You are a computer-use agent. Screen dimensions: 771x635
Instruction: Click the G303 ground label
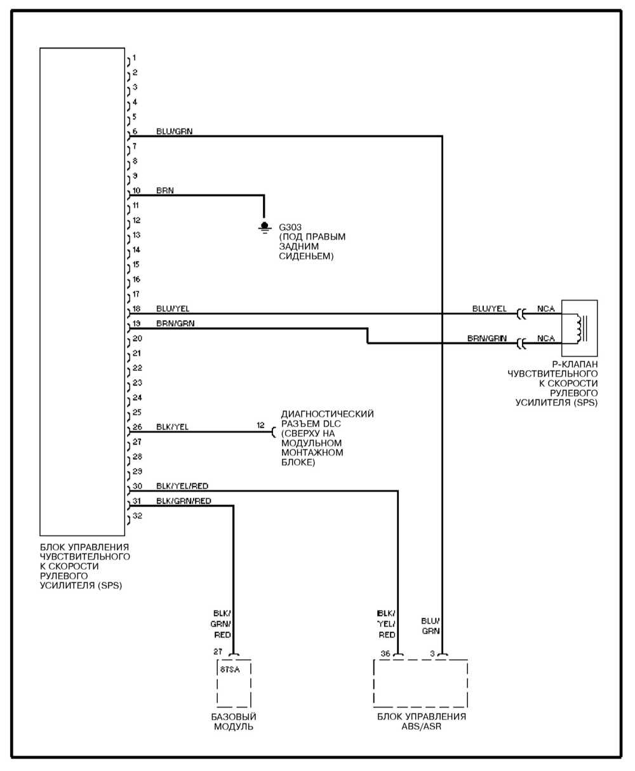click(x=291, y=227)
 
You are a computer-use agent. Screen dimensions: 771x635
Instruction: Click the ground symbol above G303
click(x=264, y=226)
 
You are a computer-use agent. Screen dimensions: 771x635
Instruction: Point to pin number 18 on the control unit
click(x=137, y=309)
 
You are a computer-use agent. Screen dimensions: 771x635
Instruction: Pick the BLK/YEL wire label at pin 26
click(x=172, y=427)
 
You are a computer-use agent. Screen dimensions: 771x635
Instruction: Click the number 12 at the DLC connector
click(x=261, y=426)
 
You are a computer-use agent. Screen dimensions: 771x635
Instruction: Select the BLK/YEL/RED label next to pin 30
click(x=182, y=486)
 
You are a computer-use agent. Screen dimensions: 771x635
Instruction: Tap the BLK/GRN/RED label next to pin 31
click(x=184, y=501)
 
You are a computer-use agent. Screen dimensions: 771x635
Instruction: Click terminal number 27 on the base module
click(x=217, y=652)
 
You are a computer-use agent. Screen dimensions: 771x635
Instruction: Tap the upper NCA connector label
click(x=545, y=309)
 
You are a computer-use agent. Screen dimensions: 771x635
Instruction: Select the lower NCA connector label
click(x=545, y=339)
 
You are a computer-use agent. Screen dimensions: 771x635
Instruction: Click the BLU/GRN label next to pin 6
click(x=175, y=131)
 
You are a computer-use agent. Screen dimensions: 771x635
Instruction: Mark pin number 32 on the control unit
click(x=137, y=516)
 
